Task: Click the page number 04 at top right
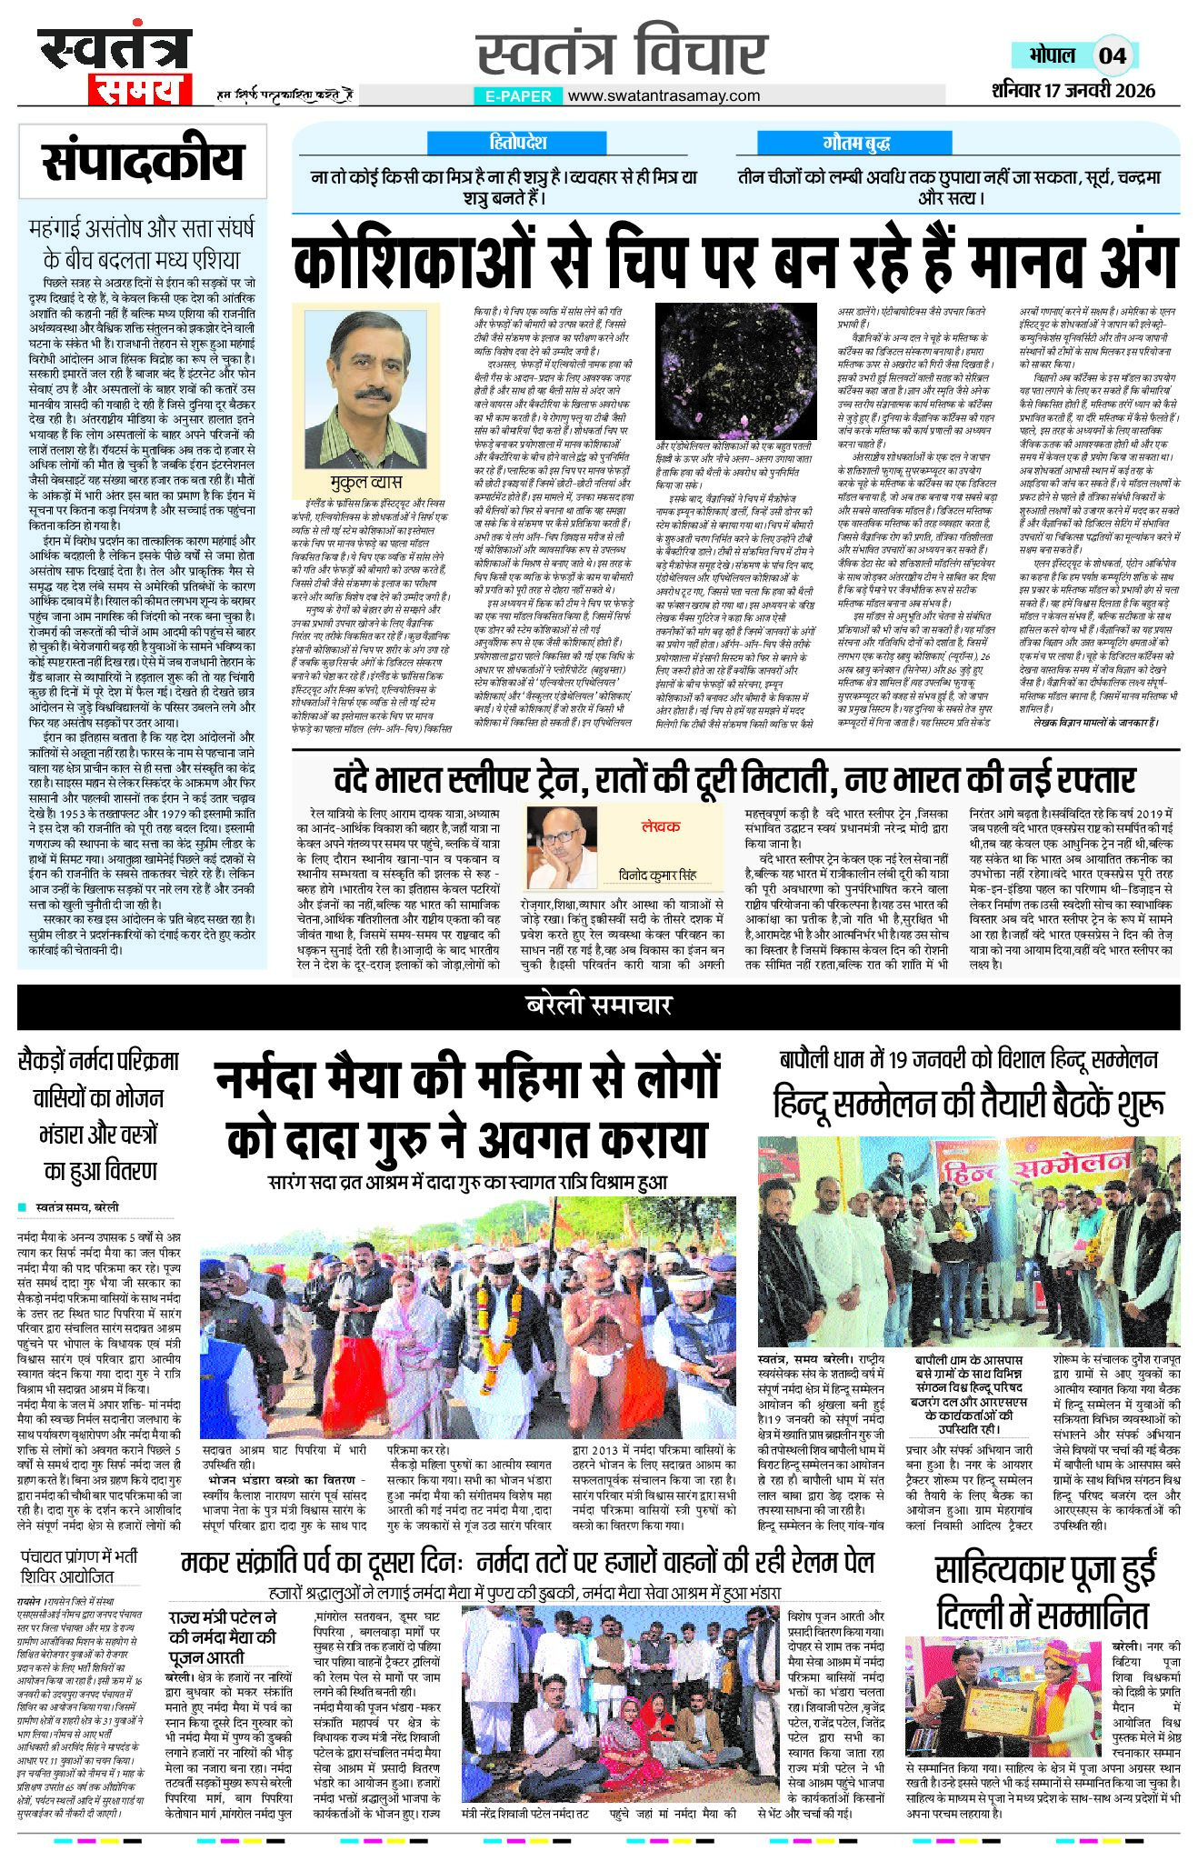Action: click(1112, 55)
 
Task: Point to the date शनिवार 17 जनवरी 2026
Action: click(1073, 89)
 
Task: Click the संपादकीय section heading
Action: click(143, 162)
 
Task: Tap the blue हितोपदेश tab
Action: click(517, 143)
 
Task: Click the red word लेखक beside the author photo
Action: click(661, 826)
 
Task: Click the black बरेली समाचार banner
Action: click(598, 1005)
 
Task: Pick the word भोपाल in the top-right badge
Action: click(1052, 55)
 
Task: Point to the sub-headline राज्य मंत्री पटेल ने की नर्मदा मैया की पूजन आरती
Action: click(222, 1637)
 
